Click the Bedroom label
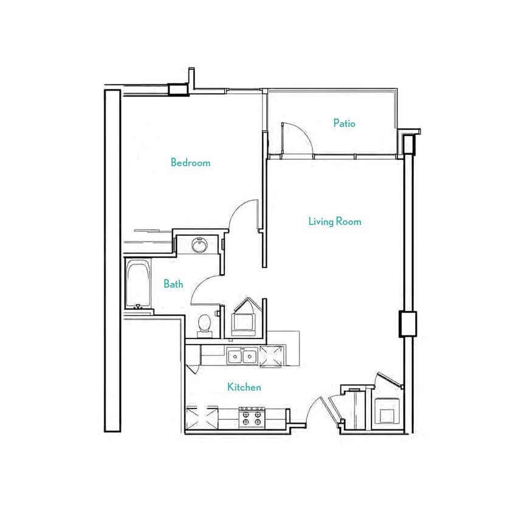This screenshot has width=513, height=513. pyautogui.click(x=190, y=162)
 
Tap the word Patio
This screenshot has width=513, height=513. pyautogui.click(x=344, y=123)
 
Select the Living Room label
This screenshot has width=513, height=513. pyautogui.click(x=334, y=221)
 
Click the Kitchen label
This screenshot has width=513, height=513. pyautogui.click(x=244, y=387)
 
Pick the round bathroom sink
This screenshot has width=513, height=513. pyautogui.click(x=199, y=246)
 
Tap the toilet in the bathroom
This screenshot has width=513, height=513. pyautogui.click(x=205, y=323)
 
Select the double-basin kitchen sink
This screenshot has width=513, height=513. pyautogui.click(x=241, y=356)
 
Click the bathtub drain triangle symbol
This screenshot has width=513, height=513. pyautogui.click(x=139, y=307)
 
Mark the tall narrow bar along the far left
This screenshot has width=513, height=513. pyautogui.click(x=112, y=260)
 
